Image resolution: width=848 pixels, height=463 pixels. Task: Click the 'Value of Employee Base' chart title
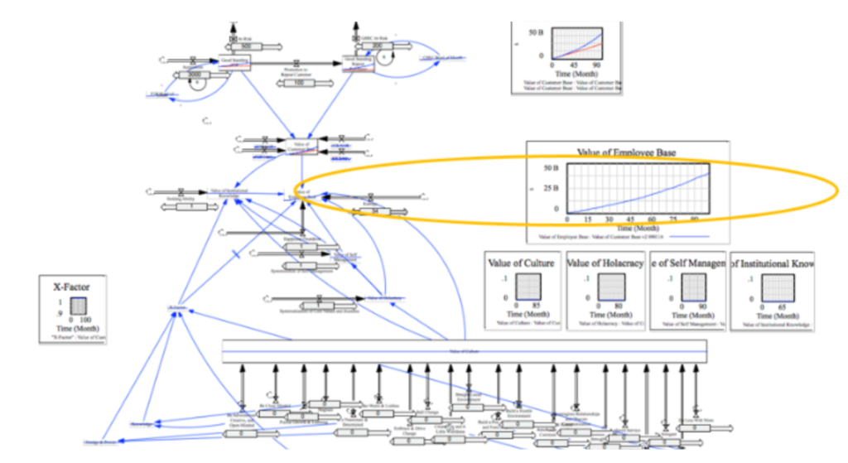point(629,152)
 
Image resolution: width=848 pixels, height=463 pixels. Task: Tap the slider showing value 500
point(234,46)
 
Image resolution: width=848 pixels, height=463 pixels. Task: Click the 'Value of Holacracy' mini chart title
point(602,263)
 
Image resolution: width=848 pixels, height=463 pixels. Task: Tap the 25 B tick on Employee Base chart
point(547,189)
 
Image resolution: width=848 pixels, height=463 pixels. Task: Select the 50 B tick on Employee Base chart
point(547,168)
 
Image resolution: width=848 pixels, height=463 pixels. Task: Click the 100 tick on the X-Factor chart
point(85,319)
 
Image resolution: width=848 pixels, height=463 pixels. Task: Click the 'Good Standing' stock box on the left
point(235,62)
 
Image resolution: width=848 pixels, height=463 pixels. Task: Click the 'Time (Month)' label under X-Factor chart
point(77,328)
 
